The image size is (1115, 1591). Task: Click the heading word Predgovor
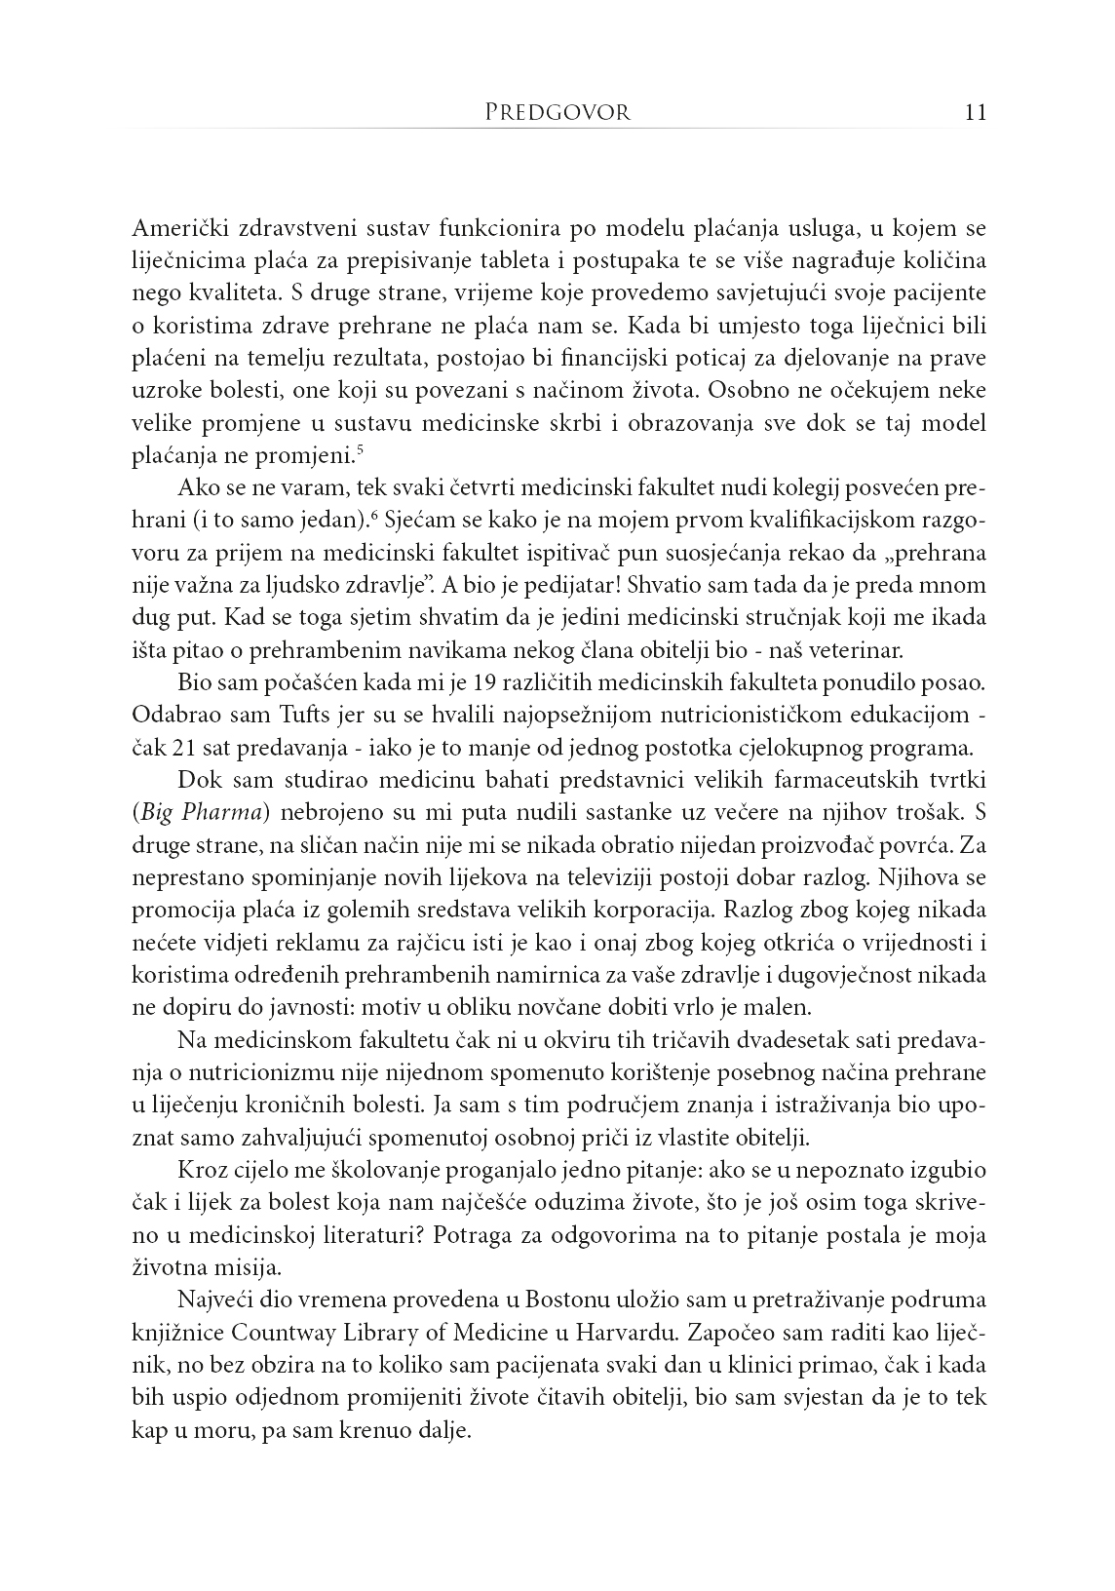557,112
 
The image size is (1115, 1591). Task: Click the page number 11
976,112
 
